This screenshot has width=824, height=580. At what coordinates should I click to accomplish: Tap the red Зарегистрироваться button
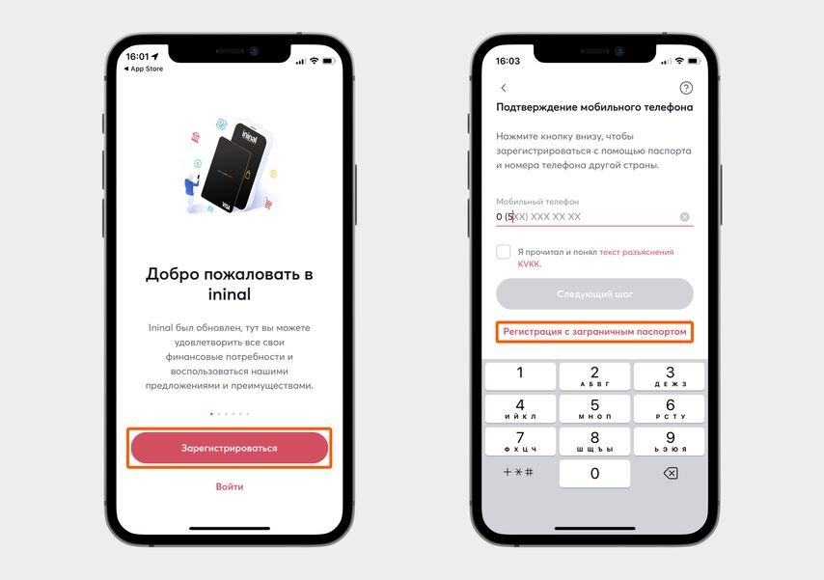click(x=229, y=448)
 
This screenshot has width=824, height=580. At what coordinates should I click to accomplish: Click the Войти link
click(x=229, y=487)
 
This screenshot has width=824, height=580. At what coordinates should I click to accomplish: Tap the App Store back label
click(x=144, y=69)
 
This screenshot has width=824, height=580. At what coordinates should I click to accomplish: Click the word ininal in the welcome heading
click(x=229, y=294)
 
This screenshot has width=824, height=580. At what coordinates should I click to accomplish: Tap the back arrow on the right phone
click(x=504, y=88)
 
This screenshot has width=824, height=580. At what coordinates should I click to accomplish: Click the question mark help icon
click(x=686, y=88)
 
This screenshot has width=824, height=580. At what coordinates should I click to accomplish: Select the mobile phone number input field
click(x=588, y=216)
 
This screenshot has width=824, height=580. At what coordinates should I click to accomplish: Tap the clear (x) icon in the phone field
click(x=685, y=216)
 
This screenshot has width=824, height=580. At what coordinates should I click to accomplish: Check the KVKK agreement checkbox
click(x=504, y=252)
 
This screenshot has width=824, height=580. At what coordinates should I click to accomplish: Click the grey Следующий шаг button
click(x=594, y=294)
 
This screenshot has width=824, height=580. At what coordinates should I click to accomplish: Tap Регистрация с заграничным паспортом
click(x=594, y=332)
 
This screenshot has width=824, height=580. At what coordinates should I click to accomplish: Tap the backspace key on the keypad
click(x=671, y=473)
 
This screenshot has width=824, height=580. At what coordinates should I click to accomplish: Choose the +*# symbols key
click(x=518, y=472)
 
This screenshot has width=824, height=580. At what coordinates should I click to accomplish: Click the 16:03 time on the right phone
click(x=508, y=61)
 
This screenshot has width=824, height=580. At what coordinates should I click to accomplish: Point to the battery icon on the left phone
click(x=328, y=61)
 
